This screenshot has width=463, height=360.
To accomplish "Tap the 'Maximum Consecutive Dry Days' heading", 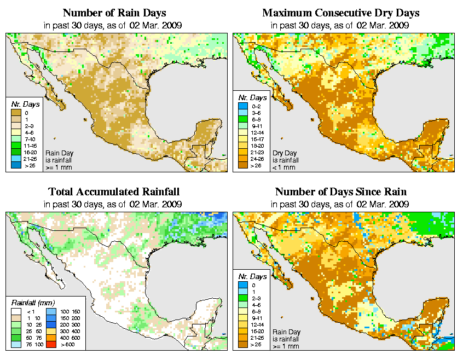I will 340,12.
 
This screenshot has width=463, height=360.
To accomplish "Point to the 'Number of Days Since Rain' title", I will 340,191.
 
